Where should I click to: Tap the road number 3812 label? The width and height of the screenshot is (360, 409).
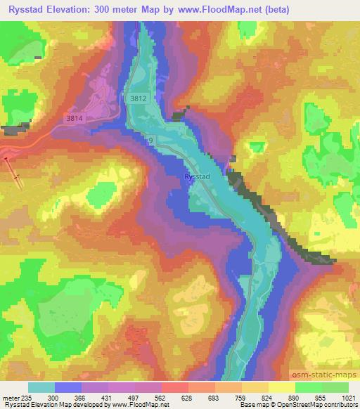point(138,100)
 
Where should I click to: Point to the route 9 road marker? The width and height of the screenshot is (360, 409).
point(150,141)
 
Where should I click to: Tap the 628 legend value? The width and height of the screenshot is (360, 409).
point(187,398)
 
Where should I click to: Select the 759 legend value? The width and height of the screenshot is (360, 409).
point(240,398)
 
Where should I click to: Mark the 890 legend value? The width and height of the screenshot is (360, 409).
point(294,398)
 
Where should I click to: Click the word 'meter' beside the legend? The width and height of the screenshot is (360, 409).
point(9,398)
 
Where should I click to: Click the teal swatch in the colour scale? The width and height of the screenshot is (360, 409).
point(41,387)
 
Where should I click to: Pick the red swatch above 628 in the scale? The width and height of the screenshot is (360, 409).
point(174,387)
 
